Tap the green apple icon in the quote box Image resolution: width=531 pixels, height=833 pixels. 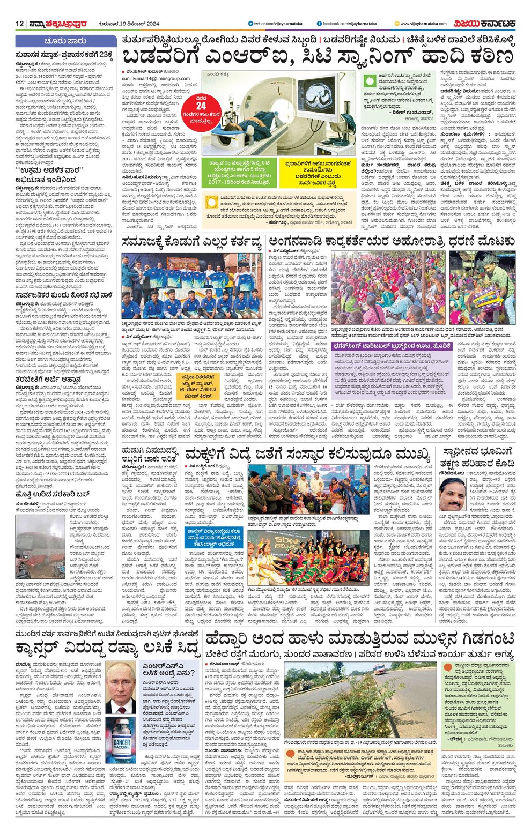coord(369,80)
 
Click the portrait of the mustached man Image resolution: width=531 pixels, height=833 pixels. coord(452,494)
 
